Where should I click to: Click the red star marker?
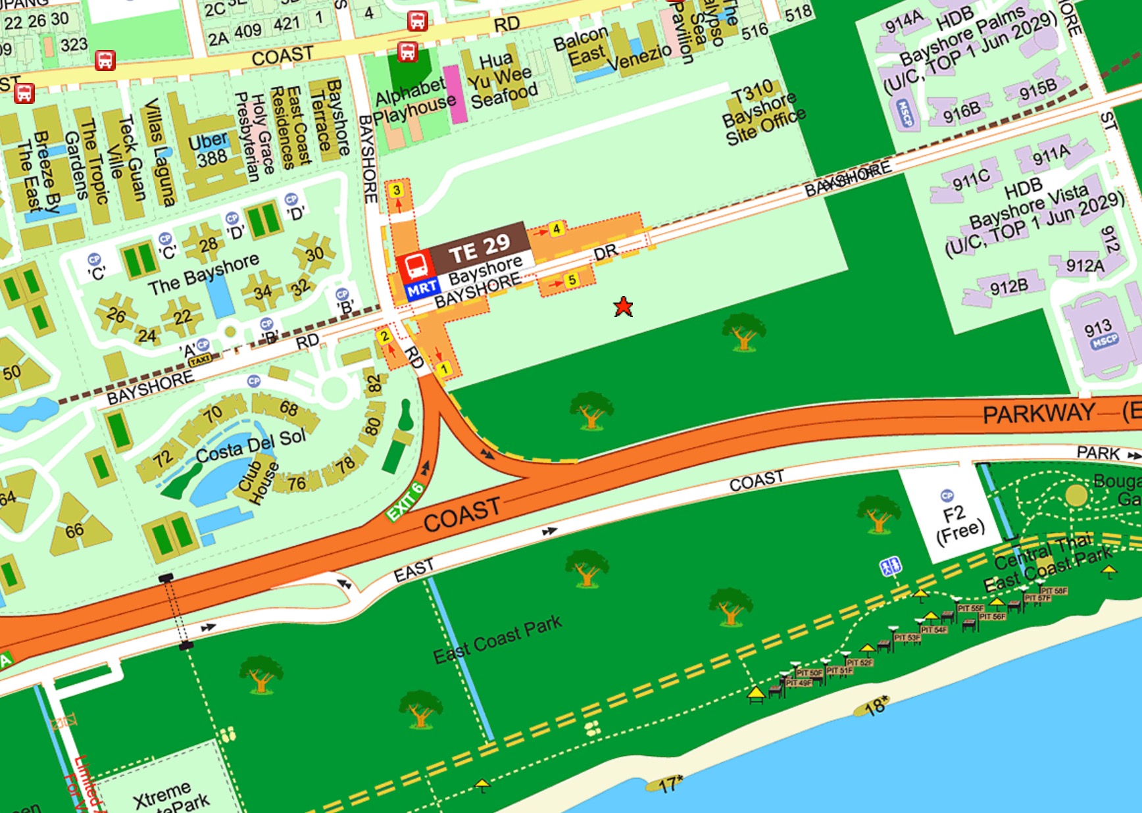[623, 307]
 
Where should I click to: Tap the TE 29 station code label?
[479, 248]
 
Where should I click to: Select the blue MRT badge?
[422, 288]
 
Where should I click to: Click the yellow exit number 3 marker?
[396, 190]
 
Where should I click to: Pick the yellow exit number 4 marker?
[557, 228]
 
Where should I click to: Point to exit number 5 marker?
[572, 280]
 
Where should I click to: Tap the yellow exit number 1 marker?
[444, 368]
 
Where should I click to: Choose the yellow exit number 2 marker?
[384, 336]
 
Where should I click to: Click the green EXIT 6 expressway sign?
[405, 502]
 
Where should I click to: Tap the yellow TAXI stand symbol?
[200, 360]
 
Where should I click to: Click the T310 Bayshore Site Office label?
[763, 113]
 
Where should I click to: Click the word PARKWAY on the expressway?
[1037, 413]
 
